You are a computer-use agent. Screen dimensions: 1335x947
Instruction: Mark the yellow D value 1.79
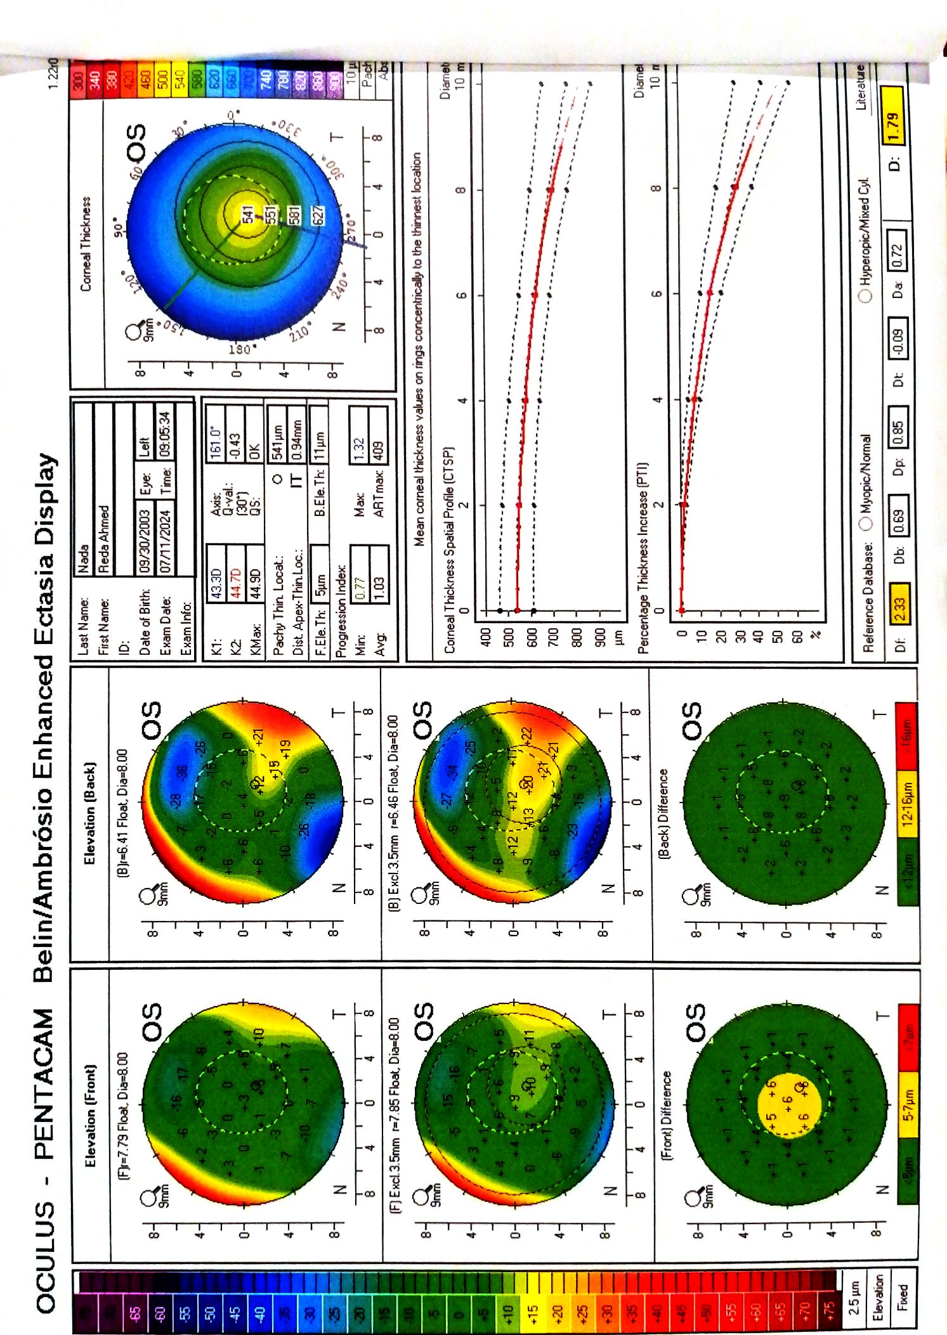(893, 127)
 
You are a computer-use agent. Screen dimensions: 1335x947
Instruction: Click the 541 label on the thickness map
(248, 214)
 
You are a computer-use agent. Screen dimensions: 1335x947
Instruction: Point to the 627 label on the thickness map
(318, 215)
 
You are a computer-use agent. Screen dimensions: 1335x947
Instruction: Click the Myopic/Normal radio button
(866, 524)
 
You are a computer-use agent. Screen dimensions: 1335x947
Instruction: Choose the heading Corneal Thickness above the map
(86, 243)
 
